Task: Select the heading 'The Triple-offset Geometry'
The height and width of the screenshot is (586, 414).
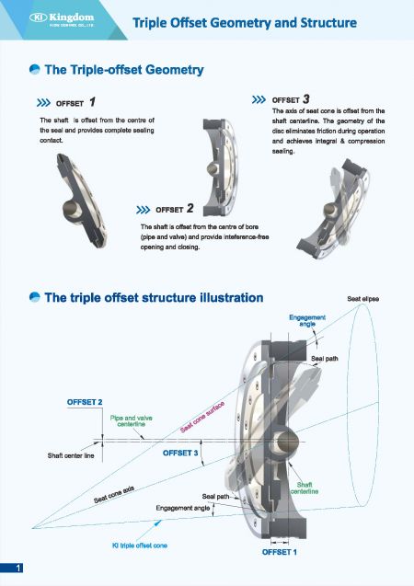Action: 123,70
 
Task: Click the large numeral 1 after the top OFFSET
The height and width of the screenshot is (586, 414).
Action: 93,102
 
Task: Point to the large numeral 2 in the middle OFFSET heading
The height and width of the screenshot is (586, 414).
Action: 189,208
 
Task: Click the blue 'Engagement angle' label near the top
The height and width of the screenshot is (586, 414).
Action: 306,320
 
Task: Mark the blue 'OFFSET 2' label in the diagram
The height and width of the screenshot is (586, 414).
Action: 85,402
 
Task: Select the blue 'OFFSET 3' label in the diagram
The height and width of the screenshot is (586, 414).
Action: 180,454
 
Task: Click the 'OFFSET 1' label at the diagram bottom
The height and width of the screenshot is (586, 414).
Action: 280,551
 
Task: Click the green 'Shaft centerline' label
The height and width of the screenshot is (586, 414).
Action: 305,488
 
